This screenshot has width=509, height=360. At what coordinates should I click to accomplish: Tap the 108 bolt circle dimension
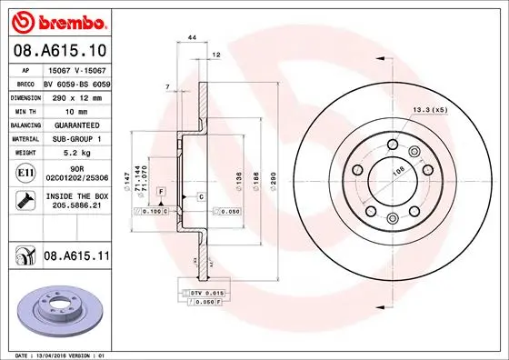click(396, 169)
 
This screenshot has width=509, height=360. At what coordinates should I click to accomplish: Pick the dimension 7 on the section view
click(169, 86)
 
